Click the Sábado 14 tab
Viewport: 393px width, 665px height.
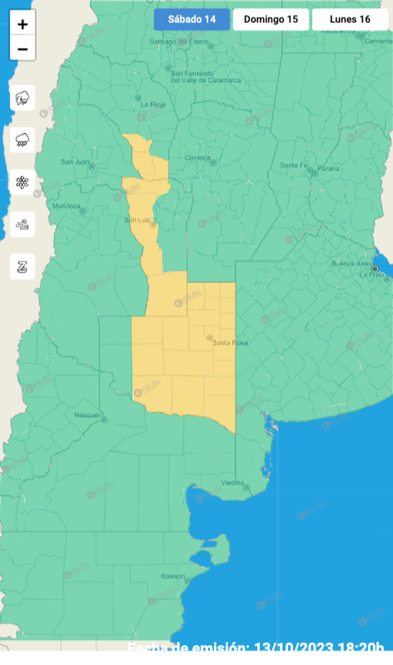[x=191, y=19]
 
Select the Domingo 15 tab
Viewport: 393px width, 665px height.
[x=271, y=19]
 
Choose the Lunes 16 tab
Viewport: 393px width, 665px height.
[x=350, y=19]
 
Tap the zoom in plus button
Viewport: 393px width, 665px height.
[x=23, y=24]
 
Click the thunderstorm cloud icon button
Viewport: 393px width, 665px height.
[x=23, y=98]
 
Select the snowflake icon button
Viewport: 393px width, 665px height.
[x=23, y=182]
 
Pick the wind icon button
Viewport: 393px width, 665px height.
[x=23, y=224]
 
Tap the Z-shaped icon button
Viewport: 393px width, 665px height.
[x=23, y=266]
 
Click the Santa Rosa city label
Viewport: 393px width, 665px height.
[x=230, y=343]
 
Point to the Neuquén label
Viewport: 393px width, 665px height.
[x=88, y=415]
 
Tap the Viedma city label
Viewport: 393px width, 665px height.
[x=233, y=482]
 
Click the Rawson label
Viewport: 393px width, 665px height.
[x=173, y=576]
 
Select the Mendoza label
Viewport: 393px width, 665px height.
[x=66, y=206]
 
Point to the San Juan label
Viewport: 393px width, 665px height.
[x=73, y=161]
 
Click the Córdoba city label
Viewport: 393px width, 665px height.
[x=198, y=158]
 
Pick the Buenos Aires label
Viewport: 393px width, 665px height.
[x=349, y=263]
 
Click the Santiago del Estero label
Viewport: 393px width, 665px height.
[x=180, y=42]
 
